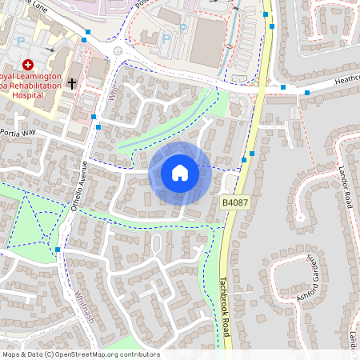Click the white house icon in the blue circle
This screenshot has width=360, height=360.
(180, 172)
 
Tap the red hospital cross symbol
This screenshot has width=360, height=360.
(28, 64)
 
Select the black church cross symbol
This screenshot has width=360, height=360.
(72, 82)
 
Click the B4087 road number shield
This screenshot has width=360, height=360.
(235, 203)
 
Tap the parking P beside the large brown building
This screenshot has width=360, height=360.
(166, 38)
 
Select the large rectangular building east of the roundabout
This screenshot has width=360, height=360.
(209, 40)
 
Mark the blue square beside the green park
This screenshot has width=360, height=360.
(58, 250)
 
